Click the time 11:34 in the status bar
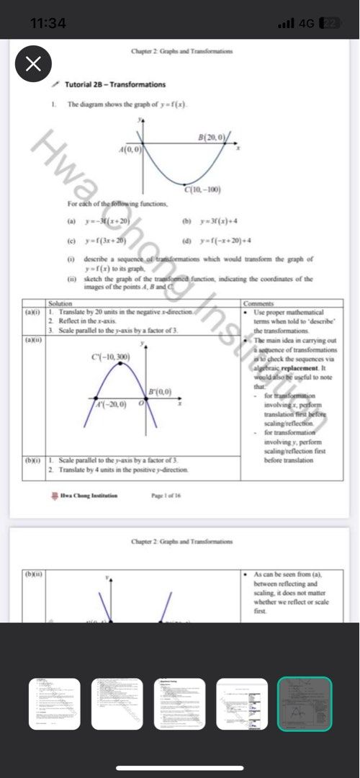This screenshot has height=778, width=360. pyautogui.click(x=49, y=23)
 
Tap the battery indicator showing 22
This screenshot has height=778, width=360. pyautogui.click(x=329, y=23)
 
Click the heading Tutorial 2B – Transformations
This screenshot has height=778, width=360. pyautogui.click(x=115, y=84)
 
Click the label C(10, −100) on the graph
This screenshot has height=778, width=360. pyautogui.click(x=202, y=190)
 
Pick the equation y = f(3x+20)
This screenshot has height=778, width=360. pyautogui.click(x=106, y=241)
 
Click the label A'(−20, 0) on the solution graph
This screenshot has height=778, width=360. pyautogui.click(x=112, y=405)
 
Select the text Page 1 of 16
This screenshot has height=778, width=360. pyautogui.click(x=166, y=496)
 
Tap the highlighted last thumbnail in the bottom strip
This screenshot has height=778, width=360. pyautogui.click(x=305, y=704)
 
